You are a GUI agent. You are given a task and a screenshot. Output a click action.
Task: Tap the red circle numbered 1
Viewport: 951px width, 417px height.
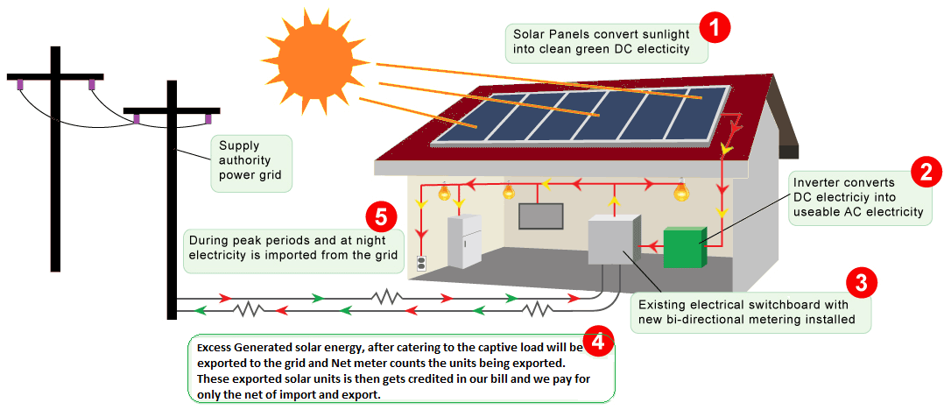click(715, 29)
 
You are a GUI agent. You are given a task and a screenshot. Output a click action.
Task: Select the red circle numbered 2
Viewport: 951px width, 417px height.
click(926, 173)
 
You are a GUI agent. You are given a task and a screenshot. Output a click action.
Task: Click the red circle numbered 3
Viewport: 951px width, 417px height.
click(861, 283)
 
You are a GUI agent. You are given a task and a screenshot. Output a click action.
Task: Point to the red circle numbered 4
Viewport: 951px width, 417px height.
click(597, 343)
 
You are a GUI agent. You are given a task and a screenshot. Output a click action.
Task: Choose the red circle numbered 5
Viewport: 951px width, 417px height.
click(382, 217)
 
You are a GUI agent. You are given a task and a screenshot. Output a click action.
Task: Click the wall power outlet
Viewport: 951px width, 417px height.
click(421, 264)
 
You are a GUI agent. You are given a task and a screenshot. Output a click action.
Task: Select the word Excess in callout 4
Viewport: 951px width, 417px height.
click(214, 349)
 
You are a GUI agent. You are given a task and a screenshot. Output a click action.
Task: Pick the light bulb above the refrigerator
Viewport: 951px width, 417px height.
click(445, 192)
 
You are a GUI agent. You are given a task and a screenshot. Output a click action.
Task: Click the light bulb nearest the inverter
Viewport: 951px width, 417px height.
click(682, 190)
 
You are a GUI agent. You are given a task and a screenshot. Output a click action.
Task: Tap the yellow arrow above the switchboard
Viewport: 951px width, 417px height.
click(614, 201)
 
